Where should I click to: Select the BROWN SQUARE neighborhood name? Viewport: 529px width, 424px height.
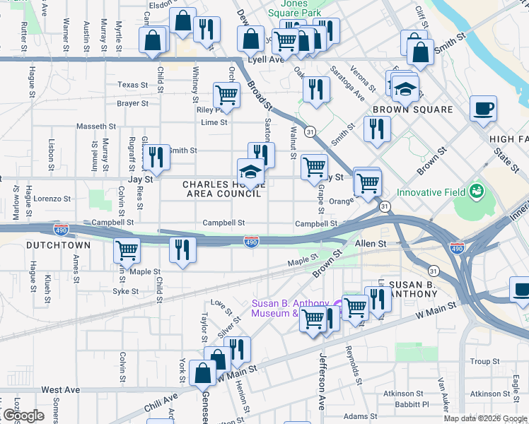(x=412, y=110)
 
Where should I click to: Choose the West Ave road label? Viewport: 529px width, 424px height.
(x=60, y=389)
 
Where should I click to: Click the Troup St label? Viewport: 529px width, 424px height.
(x=484, y=361)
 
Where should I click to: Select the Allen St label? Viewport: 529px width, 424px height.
(x=372, y=243)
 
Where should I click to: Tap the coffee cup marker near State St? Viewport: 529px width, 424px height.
(x=484, y=110)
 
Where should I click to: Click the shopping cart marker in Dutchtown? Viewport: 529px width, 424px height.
(x=127, y=249)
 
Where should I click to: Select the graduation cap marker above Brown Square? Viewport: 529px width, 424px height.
(x=405, y=89)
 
